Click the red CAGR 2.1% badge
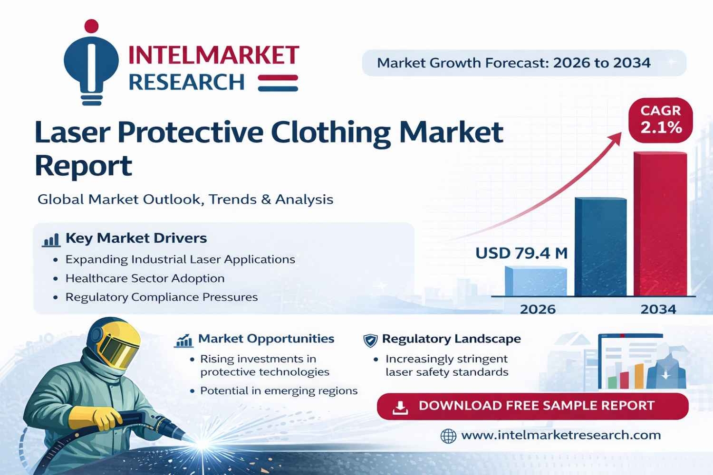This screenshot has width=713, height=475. pos(661,120)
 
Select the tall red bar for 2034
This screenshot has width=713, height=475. pos(660,224)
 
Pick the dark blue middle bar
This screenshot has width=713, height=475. pos(600,247)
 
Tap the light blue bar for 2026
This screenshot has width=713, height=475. pos(536,281)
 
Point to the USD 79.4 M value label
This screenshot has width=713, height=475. pos(521,253)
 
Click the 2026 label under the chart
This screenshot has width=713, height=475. pos(538,309)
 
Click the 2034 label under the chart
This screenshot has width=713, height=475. pos(658,309)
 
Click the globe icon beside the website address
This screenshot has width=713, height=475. pos(448,436)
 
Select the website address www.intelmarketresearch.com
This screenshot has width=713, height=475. pos(561,435)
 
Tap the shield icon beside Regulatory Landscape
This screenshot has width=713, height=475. pos(370,340)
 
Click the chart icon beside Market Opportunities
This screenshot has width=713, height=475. pos(183,341)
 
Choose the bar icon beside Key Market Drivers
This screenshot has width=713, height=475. pos(51,239)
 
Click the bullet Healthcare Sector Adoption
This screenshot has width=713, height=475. pos(145,278)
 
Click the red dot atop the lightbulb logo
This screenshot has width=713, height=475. pos(91,26)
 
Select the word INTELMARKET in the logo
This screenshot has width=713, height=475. pos(213,55)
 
